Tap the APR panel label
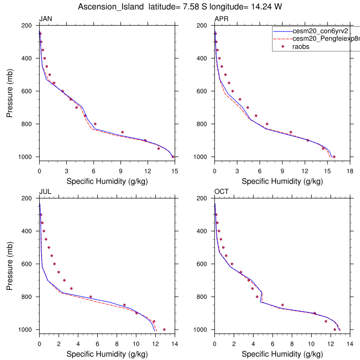click(x=221, y=19)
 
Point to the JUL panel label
click(x=45, y=192)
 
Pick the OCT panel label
click(x=222, y=192)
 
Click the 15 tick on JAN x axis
click(x=174, y=170)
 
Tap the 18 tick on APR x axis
click(x=350, y=170)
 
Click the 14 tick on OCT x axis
click(x=350, y=343)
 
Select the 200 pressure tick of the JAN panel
click(x=28, y=25)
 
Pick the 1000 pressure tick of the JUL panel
click(x=26, y=330)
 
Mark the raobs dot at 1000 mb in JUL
click(x=164, y=330)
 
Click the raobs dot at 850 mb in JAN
click(x=122, y=132)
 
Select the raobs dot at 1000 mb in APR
click(x=334, y=157)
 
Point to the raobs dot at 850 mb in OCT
click(x=282, y=305)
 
